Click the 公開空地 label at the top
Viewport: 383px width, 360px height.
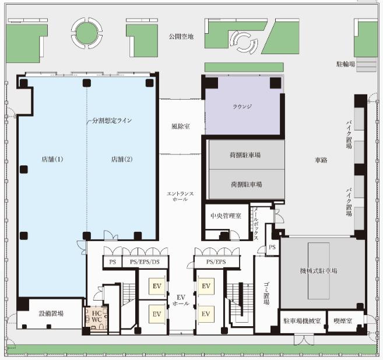[x=181, y=37]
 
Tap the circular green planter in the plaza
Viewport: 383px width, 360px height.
[x=87, y=33]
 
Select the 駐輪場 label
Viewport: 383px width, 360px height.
[x=346, y=64]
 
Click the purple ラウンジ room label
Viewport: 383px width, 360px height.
[x=242, y=107]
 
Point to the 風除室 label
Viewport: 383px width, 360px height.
[x=181, y=126]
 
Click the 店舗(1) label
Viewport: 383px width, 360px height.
[x=52, y=160]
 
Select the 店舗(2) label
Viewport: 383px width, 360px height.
[x=122, y=160]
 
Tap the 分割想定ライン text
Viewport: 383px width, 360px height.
[x=112, y=121]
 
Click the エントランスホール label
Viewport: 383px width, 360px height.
[x=180, y=196]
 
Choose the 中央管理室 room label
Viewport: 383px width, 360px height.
[x=226, y=216]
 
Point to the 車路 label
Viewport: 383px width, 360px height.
[x=321, y=160]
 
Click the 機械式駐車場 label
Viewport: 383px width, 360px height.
[x=319, y=271]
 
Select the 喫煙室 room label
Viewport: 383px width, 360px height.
[x=343, y=321]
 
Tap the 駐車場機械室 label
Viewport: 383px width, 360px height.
[x=302, y=321]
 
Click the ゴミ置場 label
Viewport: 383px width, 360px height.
[x=266, y=293]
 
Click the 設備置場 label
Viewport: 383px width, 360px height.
[x=51, y=313]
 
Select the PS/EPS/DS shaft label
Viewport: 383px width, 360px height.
[x=145, y=262]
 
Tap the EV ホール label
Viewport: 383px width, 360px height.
[x=181, y=301]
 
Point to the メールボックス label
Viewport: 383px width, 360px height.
[x=256, y=224]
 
